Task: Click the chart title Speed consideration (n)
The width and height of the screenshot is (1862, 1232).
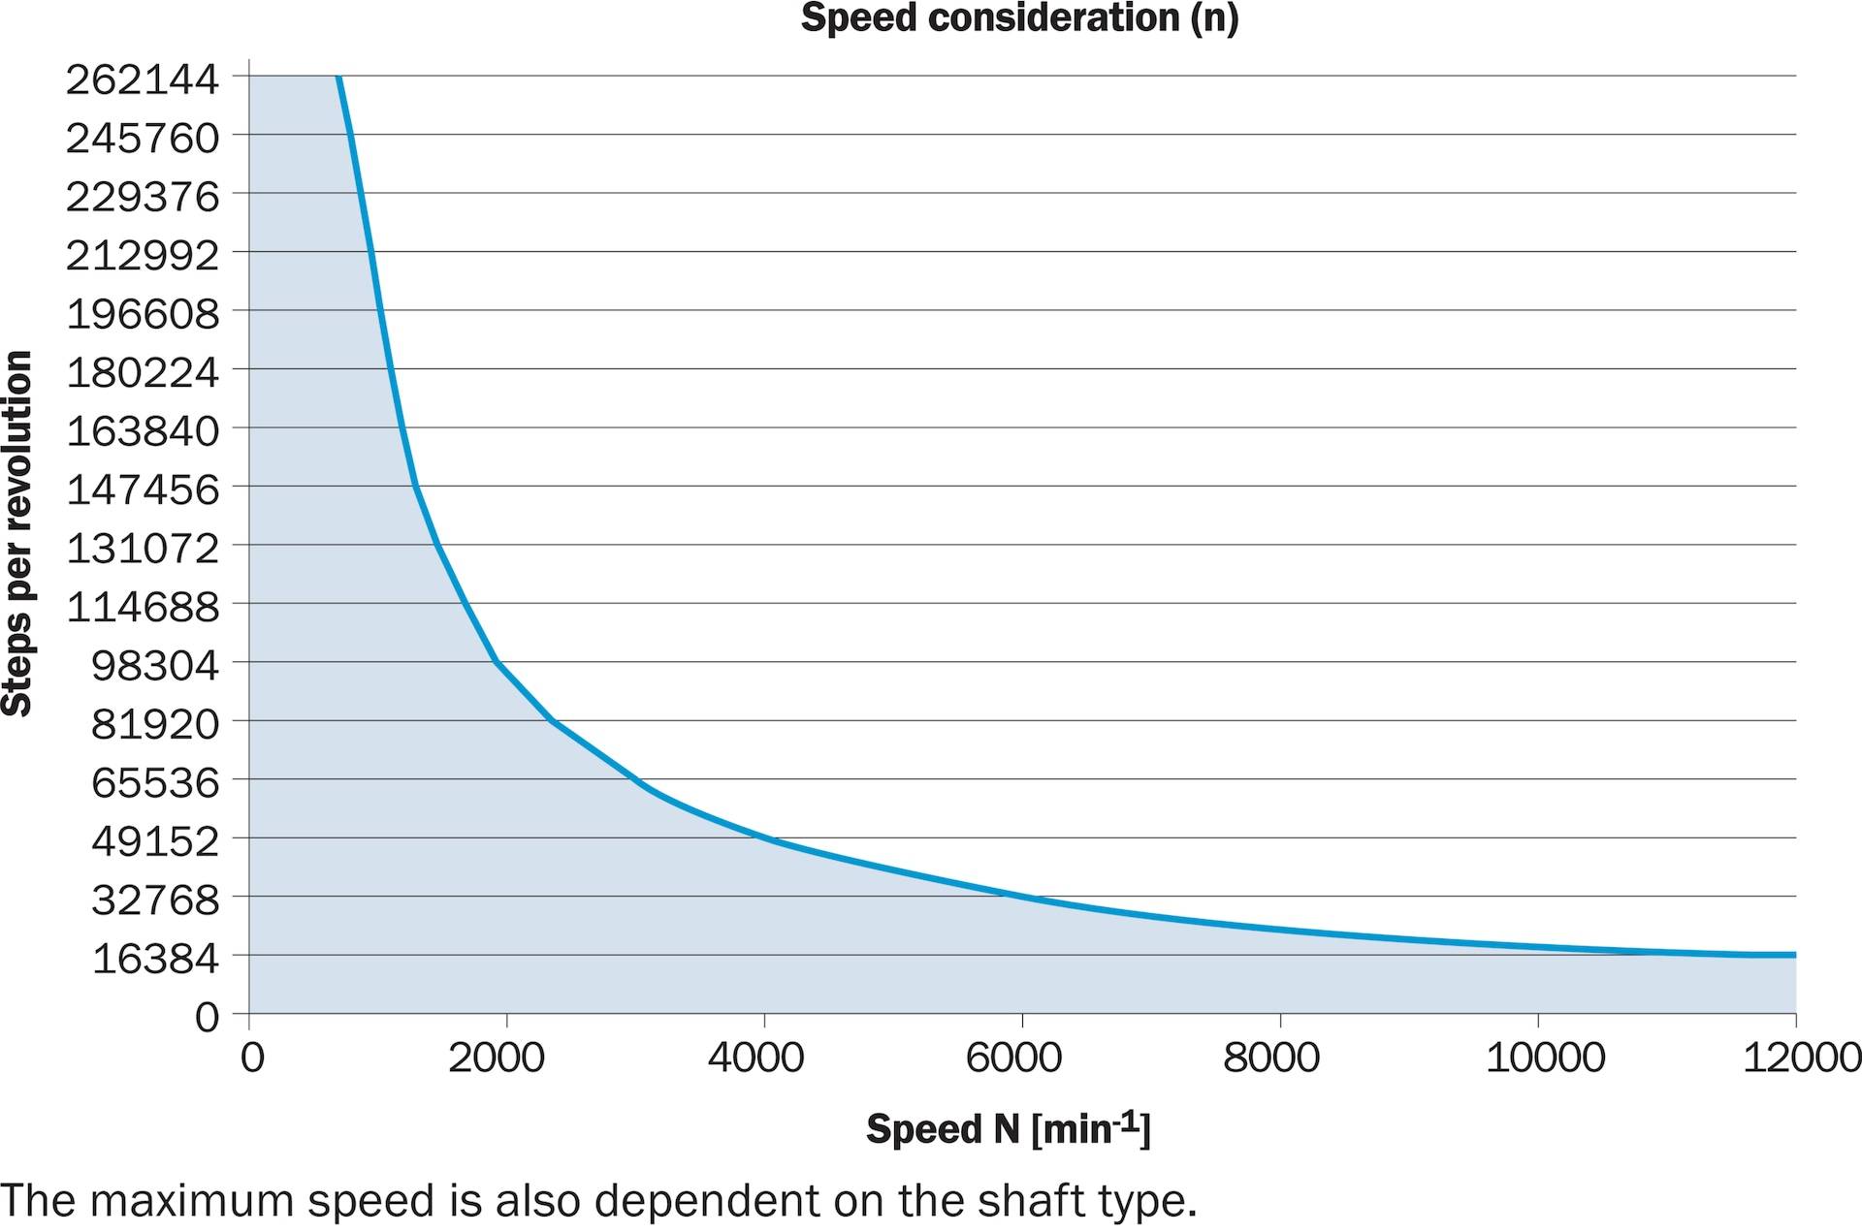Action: click(x=1019, y=18)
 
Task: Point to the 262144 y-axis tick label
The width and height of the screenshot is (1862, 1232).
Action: click(x=143, y=79)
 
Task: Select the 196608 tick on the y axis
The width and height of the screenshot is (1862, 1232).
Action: click(x=143, y=313)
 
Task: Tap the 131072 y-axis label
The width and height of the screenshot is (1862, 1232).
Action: click(x=143, y=548)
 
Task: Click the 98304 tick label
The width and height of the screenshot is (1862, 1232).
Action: click(x=155, y=665)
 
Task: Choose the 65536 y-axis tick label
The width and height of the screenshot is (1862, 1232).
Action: click(x=155, y=782)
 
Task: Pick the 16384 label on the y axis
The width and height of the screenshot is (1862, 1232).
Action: click(x=155, y=958)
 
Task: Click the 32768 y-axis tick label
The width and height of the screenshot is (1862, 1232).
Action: click(x=155, y=900)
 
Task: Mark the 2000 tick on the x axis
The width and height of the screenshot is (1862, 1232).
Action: click(x=497, y=1057)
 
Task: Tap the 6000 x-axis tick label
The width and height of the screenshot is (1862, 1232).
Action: click(x=1013, y=1057)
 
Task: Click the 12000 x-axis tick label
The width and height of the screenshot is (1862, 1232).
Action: click(x=1802, y=1057)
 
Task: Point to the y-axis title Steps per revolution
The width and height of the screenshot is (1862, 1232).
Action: click(x=17, y=534)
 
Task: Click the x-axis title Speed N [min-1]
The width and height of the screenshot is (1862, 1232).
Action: click(x=1009, y=1129)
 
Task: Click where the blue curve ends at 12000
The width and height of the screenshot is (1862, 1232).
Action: click(x=1795, y=955)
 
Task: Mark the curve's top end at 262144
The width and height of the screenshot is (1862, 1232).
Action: click(x=338, y=77)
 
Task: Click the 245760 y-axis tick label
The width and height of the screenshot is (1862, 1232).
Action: click(x=143, y=138)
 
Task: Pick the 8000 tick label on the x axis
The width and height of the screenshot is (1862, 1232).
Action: click(x=1270, y=1057)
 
